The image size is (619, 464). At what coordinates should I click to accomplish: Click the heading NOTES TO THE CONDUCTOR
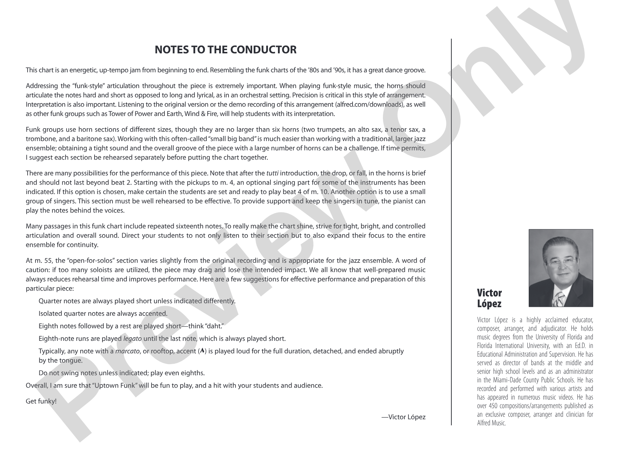pos(225,50)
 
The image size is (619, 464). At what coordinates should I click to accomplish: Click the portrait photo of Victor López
pos(561,268)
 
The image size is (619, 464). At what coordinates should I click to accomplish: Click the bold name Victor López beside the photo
pos(489,298)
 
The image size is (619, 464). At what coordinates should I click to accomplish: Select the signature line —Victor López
pos(403,417)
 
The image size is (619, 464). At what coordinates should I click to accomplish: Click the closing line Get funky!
pos(41,401)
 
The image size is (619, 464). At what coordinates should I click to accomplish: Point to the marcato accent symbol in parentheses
pos(202,351)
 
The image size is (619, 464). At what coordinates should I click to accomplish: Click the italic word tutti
pos(273,173)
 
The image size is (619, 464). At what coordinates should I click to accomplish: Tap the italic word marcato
pos(128,351)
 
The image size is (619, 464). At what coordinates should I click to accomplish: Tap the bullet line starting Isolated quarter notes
pos(103,314)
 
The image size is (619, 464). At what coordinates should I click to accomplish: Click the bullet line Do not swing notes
pos(121,373)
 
